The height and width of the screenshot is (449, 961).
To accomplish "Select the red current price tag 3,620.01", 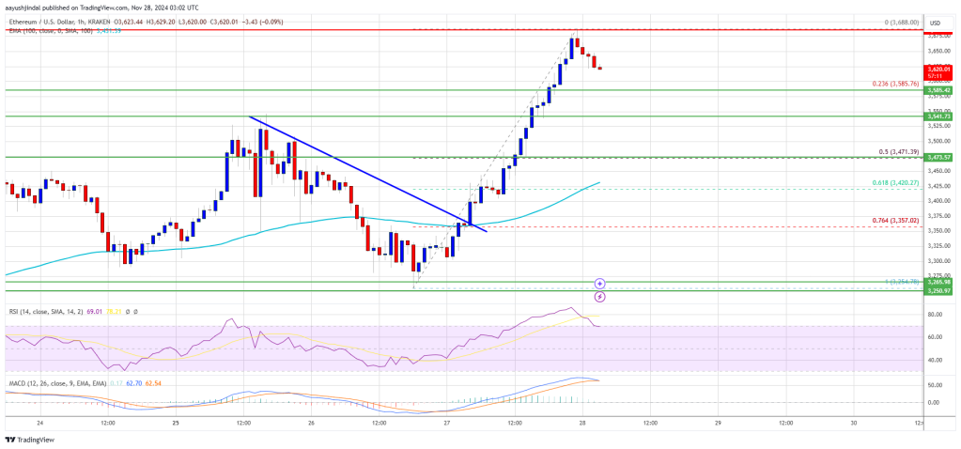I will (939, 69).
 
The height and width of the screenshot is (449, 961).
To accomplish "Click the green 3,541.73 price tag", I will (939, 116).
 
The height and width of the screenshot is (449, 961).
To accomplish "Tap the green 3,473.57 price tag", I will (939, 157).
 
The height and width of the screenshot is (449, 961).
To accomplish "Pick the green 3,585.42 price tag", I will (939, 90).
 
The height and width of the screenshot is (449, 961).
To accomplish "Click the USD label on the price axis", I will (935, 23).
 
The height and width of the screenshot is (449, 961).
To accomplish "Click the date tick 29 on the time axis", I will (717, 422).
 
